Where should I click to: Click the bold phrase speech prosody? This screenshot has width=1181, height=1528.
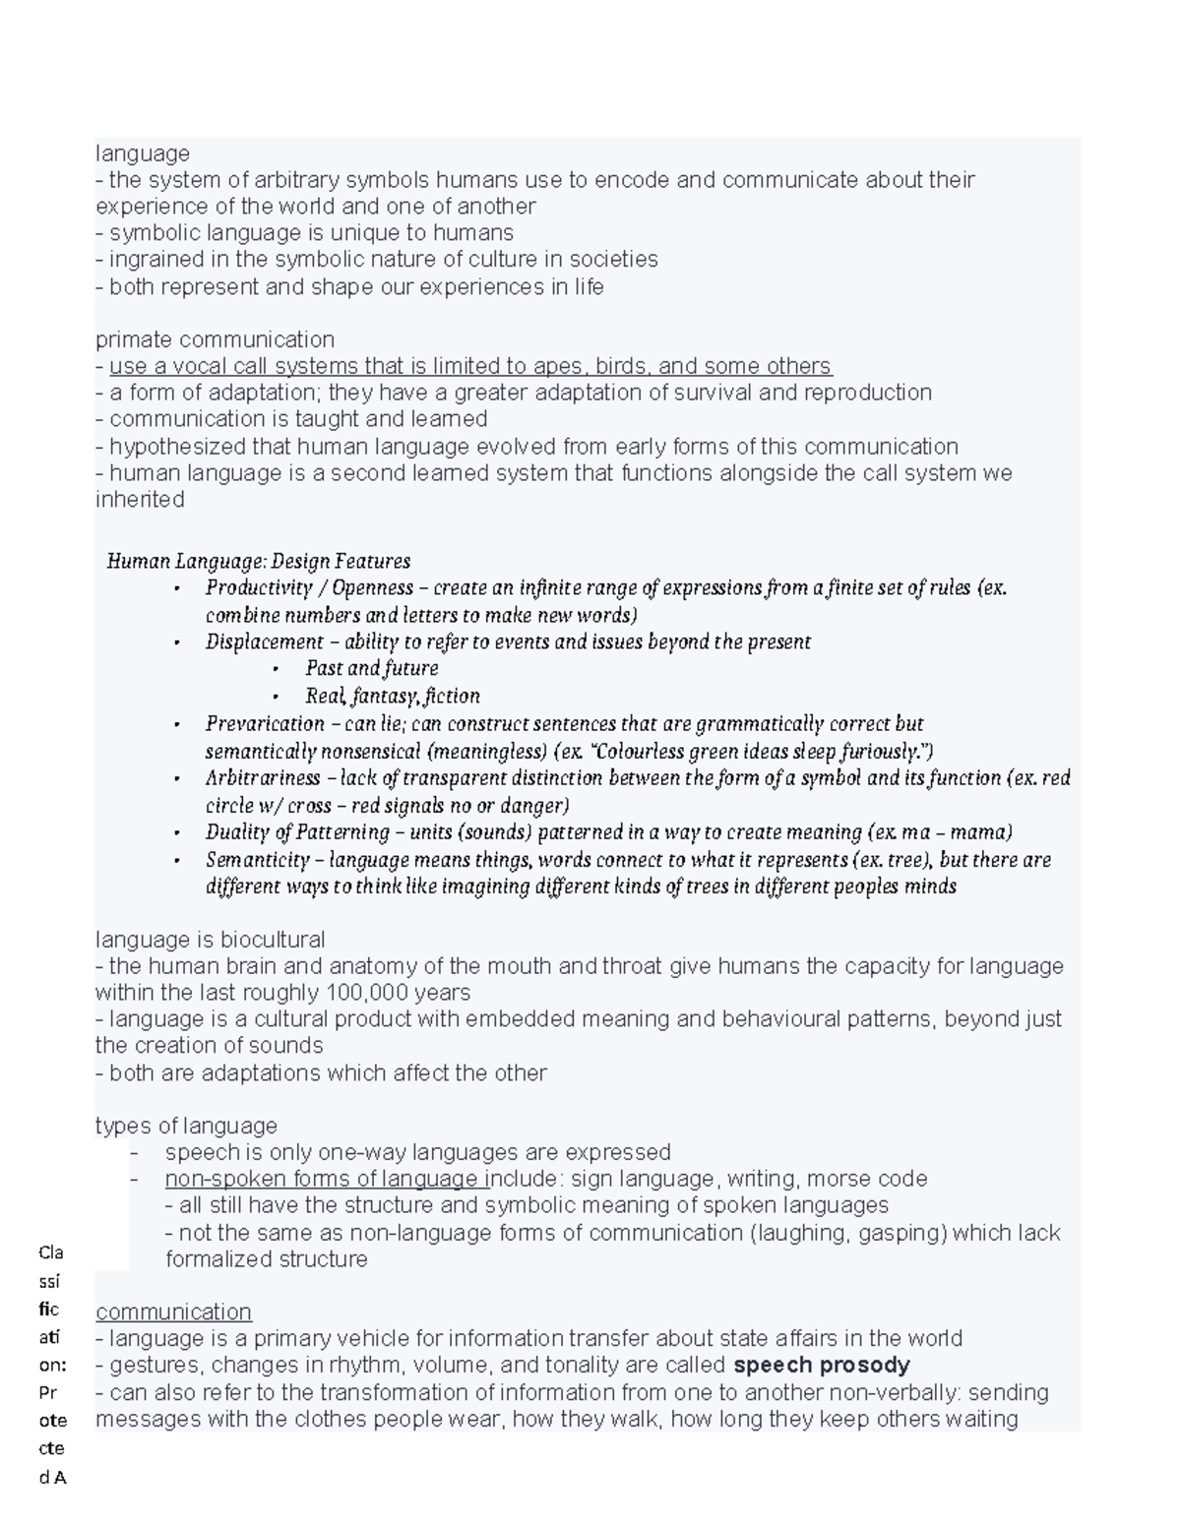click(x=822, y=1365)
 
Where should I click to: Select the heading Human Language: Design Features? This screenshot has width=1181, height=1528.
click(x=258, y=561)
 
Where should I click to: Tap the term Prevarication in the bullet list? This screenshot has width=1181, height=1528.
click(x=265, y=723)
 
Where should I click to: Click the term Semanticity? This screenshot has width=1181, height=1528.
click(x=258, y=859)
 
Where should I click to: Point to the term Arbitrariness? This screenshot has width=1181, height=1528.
click(x=263, y=777)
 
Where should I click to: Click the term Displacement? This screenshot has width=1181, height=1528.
click(x=264, y=642)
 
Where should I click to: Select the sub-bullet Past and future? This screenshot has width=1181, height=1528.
click(x=371, y=668)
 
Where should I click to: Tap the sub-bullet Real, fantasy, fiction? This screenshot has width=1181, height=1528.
click(x=392, y=696)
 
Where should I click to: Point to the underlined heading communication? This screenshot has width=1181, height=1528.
click(x=173, y=1312)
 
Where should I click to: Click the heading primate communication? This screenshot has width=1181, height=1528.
click(x=215, y=339)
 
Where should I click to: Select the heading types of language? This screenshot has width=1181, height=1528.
click(x=186, y=1125)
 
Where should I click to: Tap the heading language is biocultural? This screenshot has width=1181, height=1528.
click(x=210, y=939)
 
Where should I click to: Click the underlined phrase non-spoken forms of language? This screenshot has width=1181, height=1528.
click(x=325, y=1179)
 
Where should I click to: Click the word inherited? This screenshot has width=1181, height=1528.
click(x=140, y=500)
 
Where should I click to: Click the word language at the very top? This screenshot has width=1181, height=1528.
click(x=143, y=153)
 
